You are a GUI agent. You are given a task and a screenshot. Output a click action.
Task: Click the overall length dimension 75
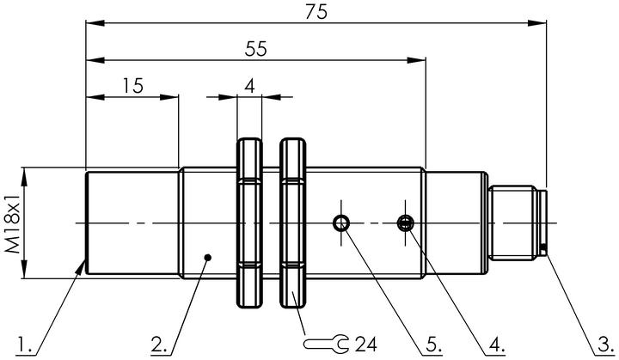point(316,12)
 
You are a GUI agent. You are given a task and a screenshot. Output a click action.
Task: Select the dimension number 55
point(256,49)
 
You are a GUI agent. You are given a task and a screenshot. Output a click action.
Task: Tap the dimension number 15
point(133,86)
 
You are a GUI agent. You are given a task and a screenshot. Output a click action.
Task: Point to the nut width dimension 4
point(249,86)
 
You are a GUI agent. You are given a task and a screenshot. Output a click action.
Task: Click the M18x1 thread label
point(12,223)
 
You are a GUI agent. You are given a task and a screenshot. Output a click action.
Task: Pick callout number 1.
point(24,345)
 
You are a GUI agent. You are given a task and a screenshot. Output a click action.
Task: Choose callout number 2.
point(159,345)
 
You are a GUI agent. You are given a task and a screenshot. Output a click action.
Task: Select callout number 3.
point(605,345)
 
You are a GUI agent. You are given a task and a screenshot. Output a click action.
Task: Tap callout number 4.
point(497,345)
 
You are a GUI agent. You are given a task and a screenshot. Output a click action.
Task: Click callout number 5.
point(433,345)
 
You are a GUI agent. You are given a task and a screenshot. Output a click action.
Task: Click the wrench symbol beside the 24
point(326,344)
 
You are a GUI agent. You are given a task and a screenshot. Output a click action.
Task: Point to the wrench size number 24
point(366,345)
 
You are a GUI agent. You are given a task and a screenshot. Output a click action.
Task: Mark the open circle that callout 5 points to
point(341,223)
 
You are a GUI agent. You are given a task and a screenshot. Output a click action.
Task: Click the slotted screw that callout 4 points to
point(405,223)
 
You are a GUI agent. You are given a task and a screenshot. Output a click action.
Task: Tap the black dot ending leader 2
point(208,258)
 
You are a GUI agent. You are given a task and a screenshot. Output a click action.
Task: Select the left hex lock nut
point(249,223)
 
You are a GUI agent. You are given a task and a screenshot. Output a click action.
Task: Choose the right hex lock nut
point(293,223)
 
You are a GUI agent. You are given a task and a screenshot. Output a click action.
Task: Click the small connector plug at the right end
point(518,223)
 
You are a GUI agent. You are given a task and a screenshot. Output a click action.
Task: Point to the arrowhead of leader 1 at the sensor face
point(81,267)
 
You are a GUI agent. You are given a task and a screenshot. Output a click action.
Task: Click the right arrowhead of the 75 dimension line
point(537,23)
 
